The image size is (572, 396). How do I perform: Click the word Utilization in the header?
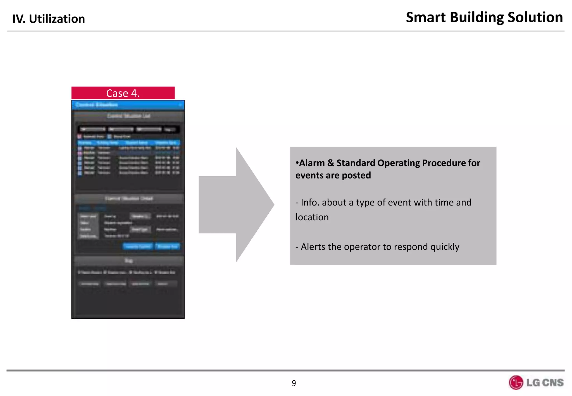(57, 19)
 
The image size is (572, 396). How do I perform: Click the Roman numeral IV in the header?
(19, 19)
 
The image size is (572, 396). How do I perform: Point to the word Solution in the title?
(535, 17)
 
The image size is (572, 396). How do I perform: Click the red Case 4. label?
(123, 93)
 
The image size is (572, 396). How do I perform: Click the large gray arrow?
(236, 205)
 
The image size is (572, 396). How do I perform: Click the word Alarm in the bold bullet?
(312, 163)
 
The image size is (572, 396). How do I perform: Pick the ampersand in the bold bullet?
(331, 163)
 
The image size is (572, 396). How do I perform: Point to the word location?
(312, 217)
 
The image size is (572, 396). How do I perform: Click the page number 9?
(294, 383)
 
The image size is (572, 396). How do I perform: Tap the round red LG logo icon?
(516, 382)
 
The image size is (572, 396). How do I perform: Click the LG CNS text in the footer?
(545, 382)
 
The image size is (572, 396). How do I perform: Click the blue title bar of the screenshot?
(128, 105)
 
